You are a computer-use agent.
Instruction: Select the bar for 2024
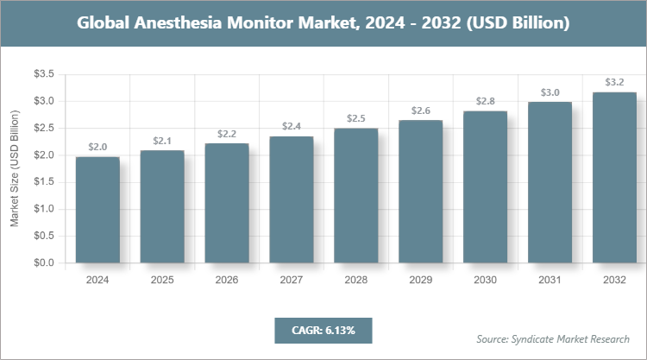[x=97, y=210]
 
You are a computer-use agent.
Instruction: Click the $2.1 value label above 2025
[x=161, y=140]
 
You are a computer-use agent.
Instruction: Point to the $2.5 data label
[x=355, y=117]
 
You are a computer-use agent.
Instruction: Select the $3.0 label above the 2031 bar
[x=550, y=92]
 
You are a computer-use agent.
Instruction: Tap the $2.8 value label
[x=485, y=101]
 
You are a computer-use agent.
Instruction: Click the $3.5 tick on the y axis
[x=44, y=75]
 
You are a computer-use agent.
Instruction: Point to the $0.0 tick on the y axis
[x=44, y=262]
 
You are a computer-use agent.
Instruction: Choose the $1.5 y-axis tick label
[x=44, y=182]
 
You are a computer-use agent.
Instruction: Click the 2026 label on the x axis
[x=226, y=280]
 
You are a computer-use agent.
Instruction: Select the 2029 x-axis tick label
[x=420, y=280]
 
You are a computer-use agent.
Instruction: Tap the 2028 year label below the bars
[x=355, y=280]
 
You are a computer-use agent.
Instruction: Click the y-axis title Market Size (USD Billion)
[x=15, y=169]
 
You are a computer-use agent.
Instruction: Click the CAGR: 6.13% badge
[x=323, y=330]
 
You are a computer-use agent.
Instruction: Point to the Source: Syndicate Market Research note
[x=552, y=338]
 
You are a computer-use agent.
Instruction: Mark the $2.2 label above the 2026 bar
[x=226, y=133]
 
